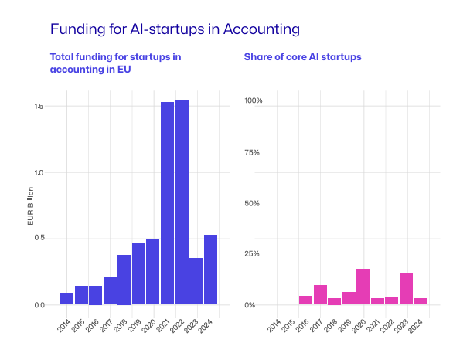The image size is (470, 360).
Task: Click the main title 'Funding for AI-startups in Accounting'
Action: coord(174,29)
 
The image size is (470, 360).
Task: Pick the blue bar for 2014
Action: coord(66,298)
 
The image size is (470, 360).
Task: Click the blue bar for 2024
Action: coord(210,270)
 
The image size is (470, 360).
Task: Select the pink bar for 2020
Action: coord(363,287)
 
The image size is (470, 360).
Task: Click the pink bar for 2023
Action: coord(406,289)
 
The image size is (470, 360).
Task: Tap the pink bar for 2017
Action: coord(320,294)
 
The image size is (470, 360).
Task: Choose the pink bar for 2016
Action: coord(305,300)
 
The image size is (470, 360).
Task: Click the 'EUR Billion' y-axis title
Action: coord(31,206)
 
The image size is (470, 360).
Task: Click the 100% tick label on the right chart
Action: coord(254,100)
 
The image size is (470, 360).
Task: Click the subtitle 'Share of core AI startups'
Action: coord(302,57)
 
